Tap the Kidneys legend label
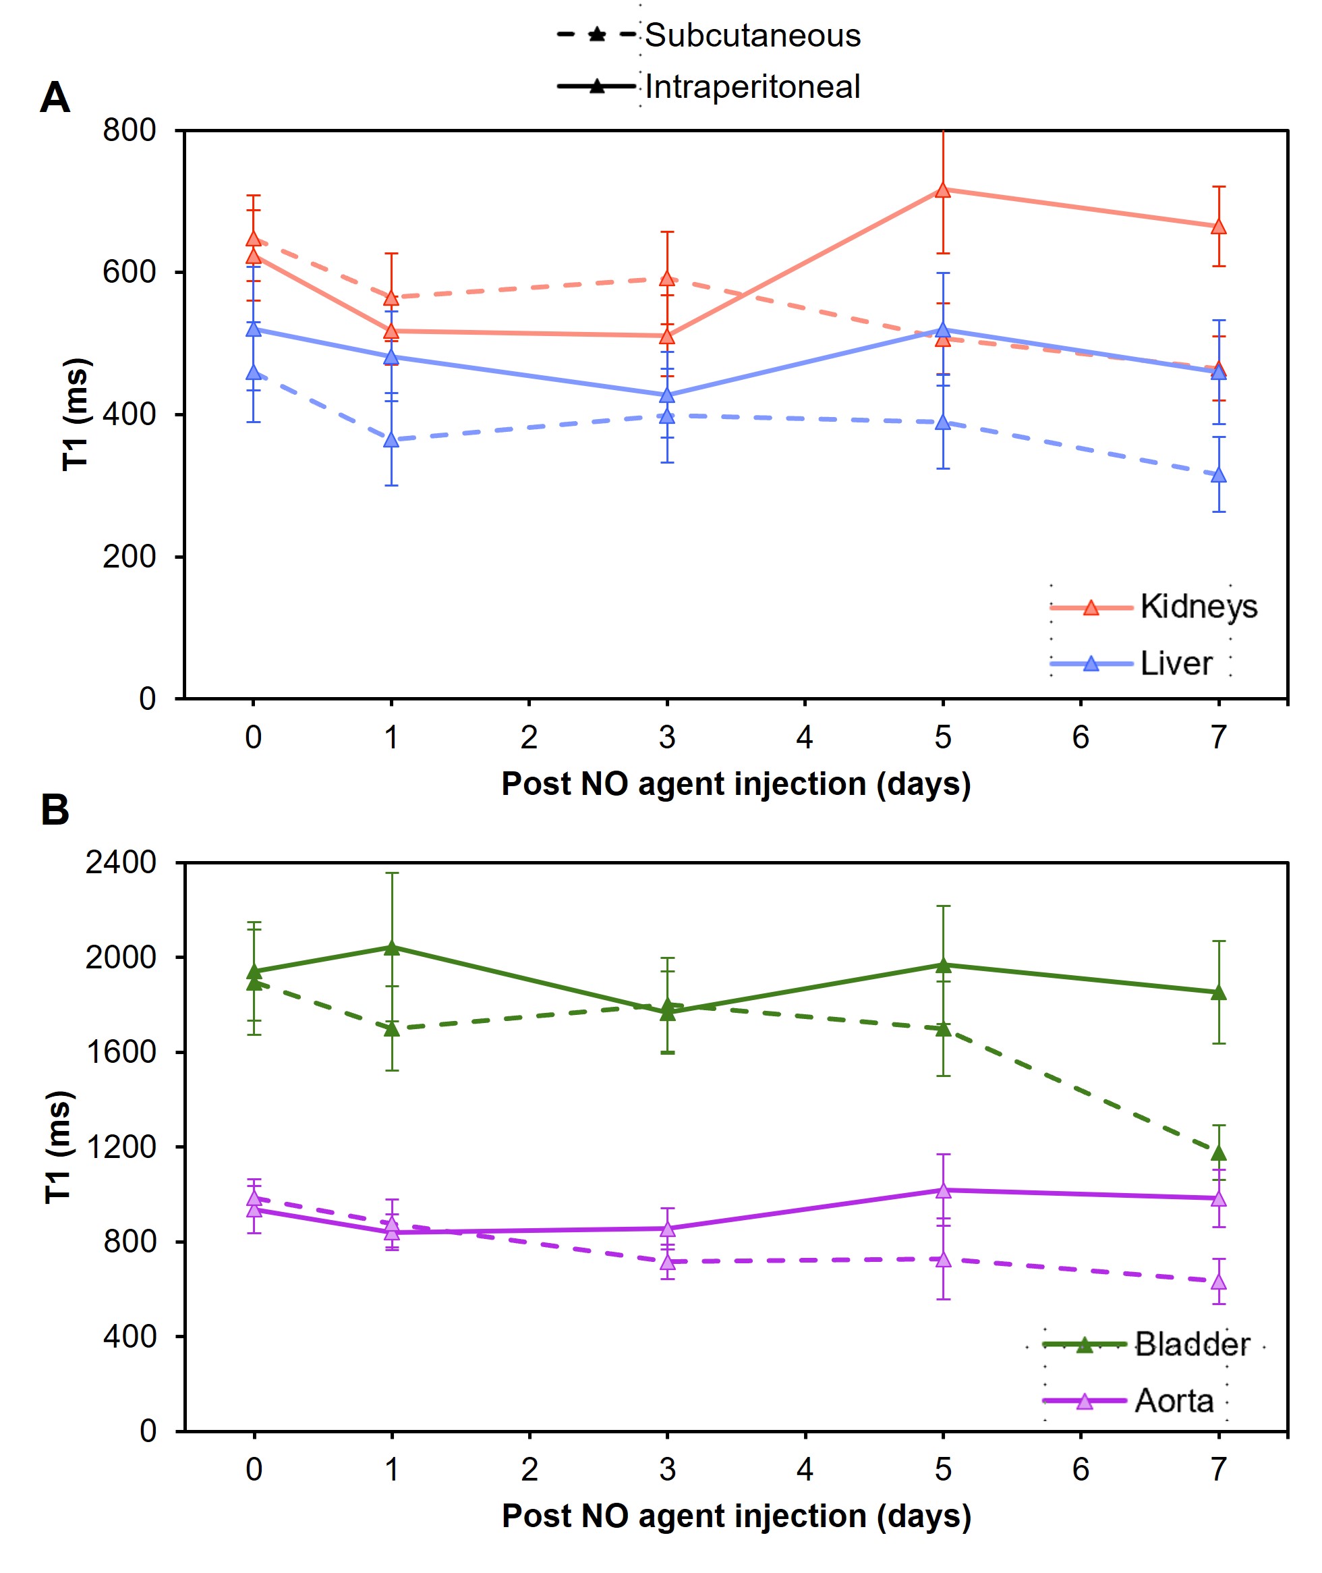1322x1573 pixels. (x=1199, y=606)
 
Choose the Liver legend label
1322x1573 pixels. (x=1176, y=663)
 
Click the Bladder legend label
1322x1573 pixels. (x=1192, y=1344)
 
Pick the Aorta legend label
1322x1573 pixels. (x=1174, y=1400)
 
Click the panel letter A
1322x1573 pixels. (x=55, y=97)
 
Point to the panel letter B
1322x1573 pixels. (x=55, y=810)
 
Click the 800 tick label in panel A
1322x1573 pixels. (x=130, y=130)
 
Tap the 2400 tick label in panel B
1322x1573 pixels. (x=121, y=863)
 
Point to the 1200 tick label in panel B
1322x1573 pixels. (x=121, y=1147)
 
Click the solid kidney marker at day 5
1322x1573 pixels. (x=943, y=190)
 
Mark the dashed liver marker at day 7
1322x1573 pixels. (x=1219, y=475)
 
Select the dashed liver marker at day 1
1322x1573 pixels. (x=391, y=440)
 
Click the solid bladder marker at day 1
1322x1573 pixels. (x=391, y=947)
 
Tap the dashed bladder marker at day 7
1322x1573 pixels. (x=1219, y=1153)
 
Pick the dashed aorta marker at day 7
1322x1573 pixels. (x=1219, y=1282)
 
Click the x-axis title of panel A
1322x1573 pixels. (x=736, y=783)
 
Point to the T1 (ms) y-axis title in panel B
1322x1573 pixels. (x=59, y=1147)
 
